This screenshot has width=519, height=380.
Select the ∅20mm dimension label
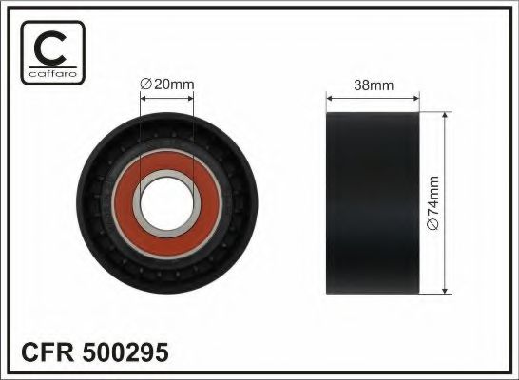click(x=166, y=85)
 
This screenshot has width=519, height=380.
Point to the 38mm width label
click(x=374, y=84)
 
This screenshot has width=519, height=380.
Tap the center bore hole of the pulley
click(x=166, y=202)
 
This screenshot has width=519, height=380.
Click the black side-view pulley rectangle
click(x=374, y=201)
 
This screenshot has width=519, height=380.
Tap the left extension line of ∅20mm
click(x=140, y=133)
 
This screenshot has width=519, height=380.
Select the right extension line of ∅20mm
click(x=193, y=133)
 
